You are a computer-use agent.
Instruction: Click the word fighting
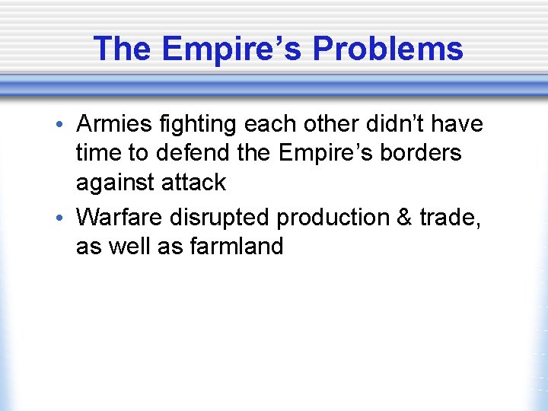point(200,123)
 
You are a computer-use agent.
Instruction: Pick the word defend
point(193,153)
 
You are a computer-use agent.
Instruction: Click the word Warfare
point(120,218)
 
